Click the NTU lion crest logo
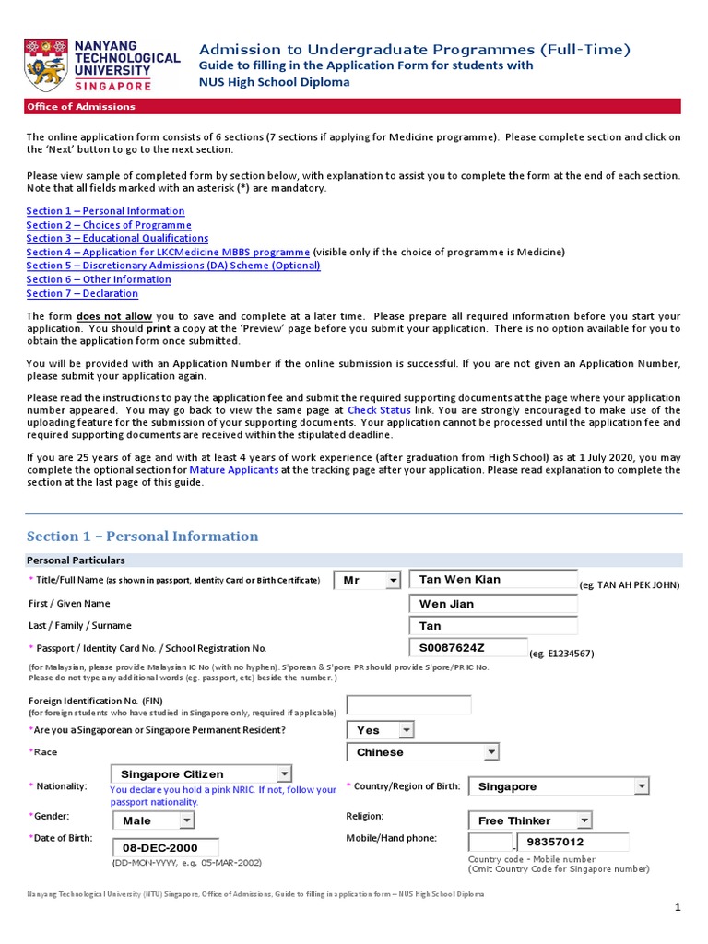click(45, 65)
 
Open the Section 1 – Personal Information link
click(92, 211)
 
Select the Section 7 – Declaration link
click(82, 293)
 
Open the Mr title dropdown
click(367, 580)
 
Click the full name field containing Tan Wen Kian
click(492, 580)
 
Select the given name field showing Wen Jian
click(492, 604)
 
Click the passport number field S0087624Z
click(468, 648)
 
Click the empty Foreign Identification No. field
click(407, 705)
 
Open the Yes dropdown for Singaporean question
click(381, 730)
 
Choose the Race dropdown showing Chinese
click(423, 752)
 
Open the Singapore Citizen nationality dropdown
click(201, 774)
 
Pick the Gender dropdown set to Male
click(153, 820)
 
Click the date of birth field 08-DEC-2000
click(166, 847)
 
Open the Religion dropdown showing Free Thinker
click(530, 820)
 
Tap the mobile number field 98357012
click(572, 843)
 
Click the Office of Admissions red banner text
click(81, 106)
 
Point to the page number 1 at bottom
click(678, 908)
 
